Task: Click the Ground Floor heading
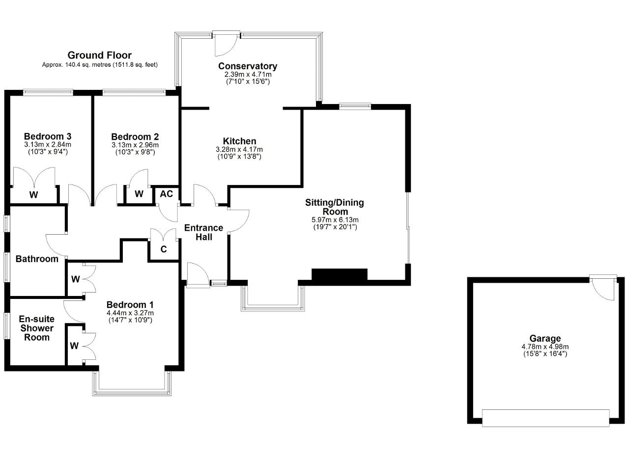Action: point(99,55)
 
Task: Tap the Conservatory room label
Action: point(248,66)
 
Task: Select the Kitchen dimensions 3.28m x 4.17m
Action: point(239,150)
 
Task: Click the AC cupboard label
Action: point(166,194)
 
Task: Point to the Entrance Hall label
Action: point(203,232)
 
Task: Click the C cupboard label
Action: point(164,249)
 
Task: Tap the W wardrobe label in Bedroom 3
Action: point(34,195)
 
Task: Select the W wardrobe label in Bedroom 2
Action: point(139,194)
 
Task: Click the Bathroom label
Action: point(37,259)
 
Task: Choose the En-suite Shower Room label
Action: point(37,328)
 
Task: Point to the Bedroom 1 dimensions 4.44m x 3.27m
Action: point(130,313)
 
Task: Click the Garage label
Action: point(545,339)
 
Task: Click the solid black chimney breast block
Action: point(339,274)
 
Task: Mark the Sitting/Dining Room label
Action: point(335,207)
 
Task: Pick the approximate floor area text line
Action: point(100,65)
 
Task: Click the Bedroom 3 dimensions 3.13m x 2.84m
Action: point(48,145)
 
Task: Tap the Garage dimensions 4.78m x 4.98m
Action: point(545,347)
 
